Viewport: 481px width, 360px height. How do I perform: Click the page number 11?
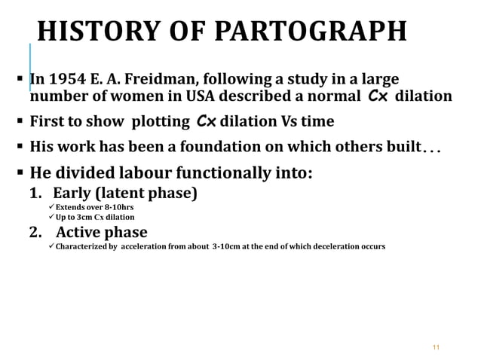(434, 347)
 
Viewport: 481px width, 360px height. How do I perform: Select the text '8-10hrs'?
(120, 206)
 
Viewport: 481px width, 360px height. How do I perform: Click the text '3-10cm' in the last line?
(228, 246)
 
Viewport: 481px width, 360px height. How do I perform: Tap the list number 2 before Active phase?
(35, 231)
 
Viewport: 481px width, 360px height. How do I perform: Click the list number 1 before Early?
(35, 193)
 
